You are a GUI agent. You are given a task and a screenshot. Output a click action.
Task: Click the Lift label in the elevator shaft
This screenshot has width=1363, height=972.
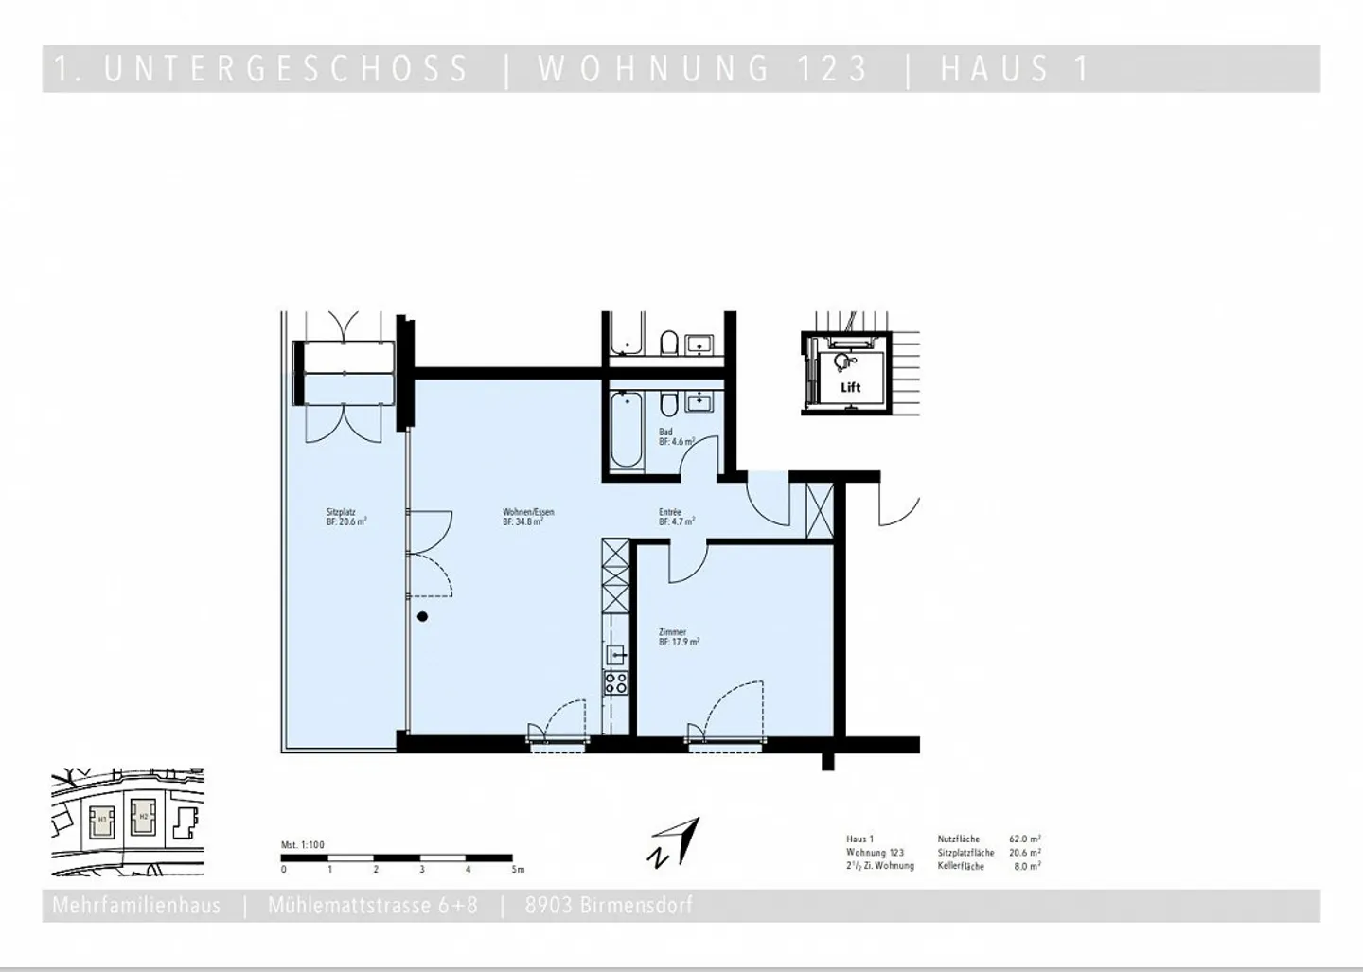pos(850,387)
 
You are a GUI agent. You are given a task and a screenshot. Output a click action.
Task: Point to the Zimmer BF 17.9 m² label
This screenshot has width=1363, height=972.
pos(679,637)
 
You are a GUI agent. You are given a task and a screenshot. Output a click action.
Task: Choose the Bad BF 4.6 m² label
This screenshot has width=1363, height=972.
pos(676,436)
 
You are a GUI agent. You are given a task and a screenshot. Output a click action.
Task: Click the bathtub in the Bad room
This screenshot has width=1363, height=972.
pos(626,432)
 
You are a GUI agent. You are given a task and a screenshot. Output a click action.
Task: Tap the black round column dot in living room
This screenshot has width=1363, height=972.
pos(423,617)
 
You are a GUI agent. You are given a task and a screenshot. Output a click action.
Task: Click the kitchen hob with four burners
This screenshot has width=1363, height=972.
pos(616,682)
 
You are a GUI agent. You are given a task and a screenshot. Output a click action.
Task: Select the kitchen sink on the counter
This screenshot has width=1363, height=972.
pos(616,653)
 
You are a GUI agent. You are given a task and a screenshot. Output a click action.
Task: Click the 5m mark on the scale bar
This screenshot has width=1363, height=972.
pos(516,869)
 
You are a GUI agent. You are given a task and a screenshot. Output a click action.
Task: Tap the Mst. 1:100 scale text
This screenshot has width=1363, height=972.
pos(303,845)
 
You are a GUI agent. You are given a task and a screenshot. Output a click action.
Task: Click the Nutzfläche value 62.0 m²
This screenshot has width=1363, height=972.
pos(1025,839)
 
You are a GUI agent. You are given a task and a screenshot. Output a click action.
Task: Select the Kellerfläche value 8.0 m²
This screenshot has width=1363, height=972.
pos(1027,866)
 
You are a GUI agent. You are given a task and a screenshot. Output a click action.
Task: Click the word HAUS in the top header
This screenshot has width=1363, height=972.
pos(995,69)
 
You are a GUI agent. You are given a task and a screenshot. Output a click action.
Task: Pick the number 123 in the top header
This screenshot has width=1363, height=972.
pos(832,69)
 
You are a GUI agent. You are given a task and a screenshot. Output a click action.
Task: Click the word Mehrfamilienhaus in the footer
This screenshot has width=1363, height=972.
pos(136,906)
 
